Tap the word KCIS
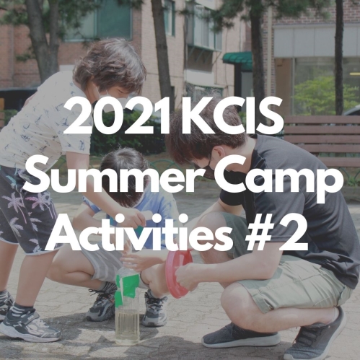click(232, 116)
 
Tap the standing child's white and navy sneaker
click(29, 322)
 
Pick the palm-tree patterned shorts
click(27, 211)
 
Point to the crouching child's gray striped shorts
click(103, 265)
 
